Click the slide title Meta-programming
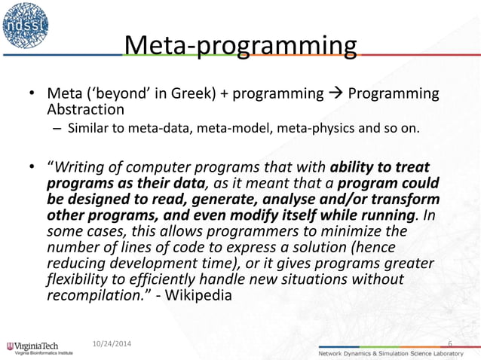click(240, 47)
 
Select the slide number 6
click(450, 344)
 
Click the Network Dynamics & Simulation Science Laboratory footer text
click(397, 352)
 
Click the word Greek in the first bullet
click(198, 94)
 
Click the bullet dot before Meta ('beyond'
click(32, 95)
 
